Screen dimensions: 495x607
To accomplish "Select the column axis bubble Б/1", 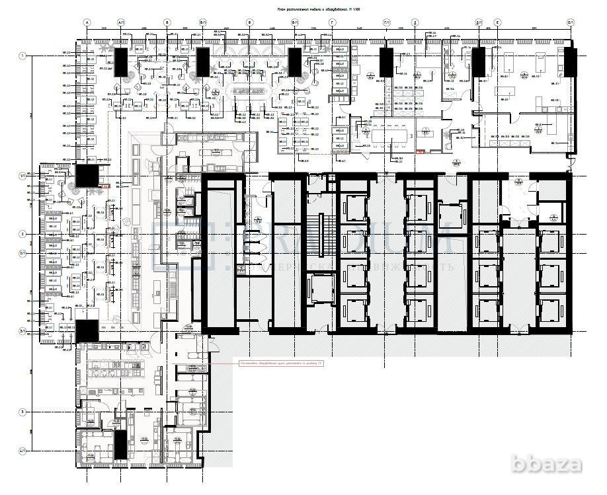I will (x=202, y=22).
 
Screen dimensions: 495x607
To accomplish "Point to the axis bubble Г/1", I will (x=387, y=22).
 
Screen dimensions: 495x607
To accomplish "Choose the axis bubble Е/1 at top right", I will (x=569, y=22).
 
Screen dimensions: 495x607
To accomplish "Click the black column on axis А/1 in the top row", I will (x=121, y=60).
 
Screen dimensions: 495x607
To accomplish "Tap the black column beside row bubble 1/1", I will (x=87, y=176).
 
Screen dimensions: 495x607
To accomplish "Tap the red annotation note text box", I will (x=281, y=363).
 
